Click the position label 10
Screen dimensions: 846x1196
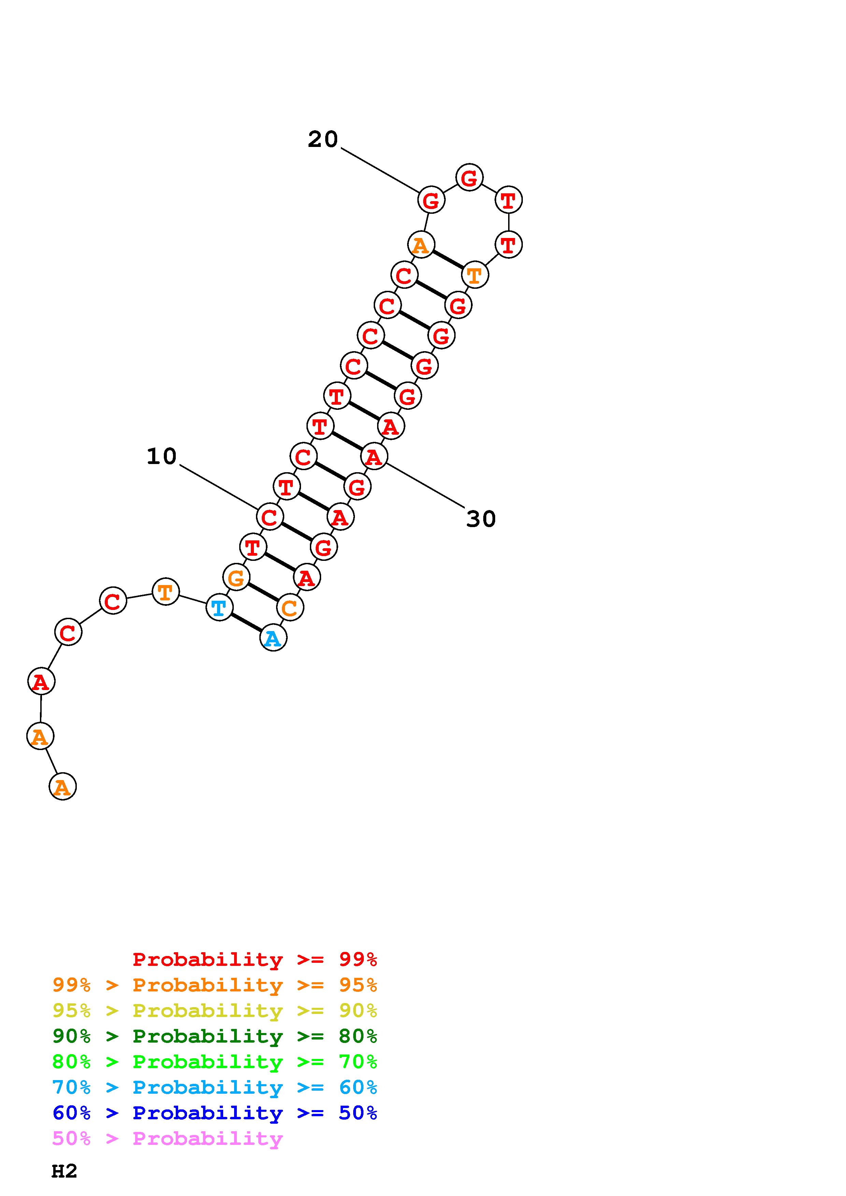coord(161,457)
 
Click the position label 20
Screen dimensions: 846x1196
coord(322,139)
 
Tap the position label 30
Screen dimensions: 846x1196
coord(481,519)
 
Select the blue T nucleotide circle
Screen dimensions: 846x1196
coord(219,608)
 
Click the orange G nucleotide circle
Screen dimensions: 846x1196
coord(236,577)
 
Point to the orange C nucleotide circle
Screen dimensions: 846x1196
coord(290,608)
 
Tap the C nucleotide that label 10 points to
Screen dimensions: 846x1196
coord(270,517)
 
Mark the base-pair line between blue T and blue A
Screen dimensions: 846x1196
coord(246,623)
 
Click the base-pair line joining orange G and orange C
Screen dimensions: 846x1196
coord(263,592)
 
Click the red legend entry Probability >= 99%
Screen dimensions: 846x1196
coord(254,959)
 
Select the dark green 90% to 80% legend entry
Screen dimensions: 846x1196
coord(215,1036)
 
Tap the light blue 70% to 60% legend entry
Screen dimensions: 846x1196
coord(215,1088)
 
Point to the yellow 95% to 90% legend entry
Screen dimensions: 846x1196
coord(215,1011)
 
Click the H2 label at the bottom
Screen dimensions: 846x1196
coord(64,1171)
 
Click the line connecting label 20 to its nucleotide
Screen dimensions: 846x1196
coord(381,170)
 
